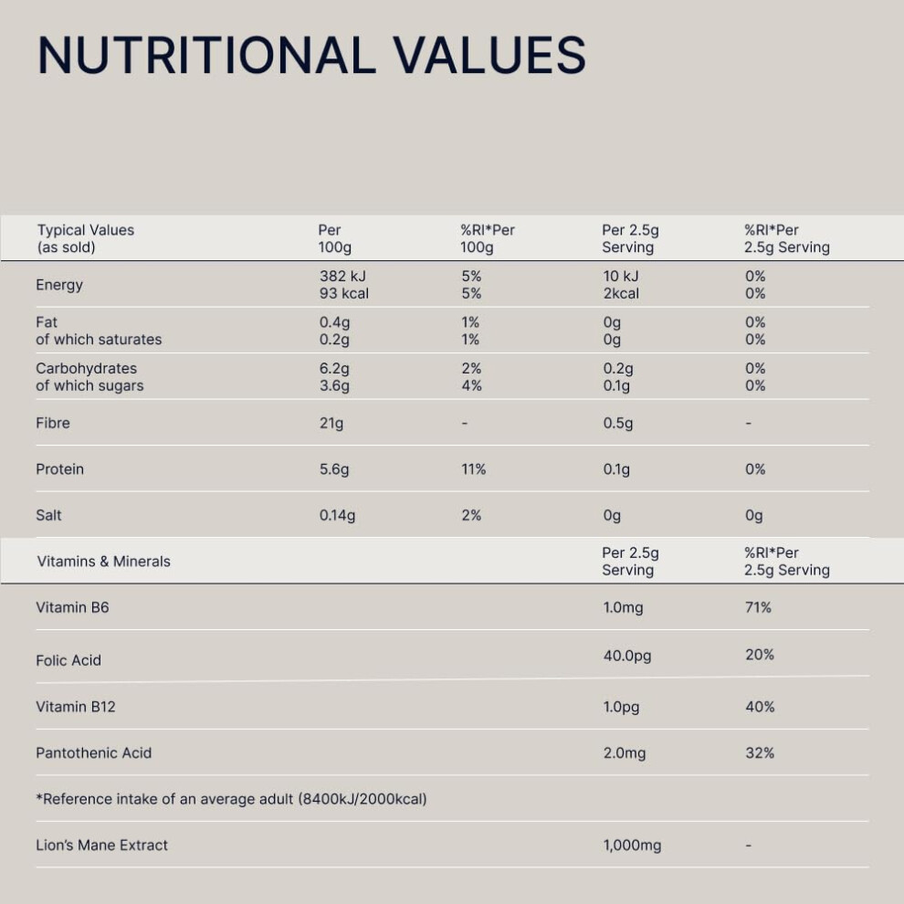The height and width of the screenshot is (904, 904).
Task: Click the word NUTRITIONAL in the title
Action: (207, 56)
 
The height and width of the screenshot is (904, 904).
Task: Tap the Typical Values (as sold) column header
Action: (85, 238)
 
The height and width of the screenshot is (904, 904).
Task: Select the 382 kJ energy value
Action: (342, 276)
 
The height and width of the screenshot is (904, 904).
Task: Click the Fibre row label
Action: (52, 423)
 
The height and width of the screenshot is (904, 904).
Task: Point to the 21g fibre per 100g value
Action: (331, 423)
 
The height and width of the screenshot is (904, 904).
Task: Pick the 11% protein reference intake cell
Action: (473, 469)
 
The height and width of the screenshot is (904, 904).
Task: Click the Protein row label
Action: (59, 469)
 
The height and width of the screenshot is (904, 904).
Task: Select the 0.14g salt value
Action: (337, 515)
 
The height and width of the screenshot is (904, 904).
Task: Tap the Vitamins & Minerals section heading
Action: (104, 562)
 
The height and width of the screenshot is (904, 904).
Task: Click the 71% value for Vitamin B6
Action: (758, 607)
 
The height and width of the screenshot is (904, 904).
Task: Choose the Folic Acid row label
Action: (68, 660)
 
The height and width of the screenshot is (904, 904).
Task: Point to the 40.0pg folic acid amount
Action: (627, 657)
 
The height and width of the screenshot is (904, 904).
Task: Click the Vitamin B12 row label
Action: (76, 707)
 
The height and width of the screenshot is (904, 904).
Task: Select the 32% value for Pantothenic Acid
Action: (760, 753)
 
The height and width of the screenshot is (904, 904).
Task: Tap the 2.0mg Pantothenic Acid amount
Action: (625, 753)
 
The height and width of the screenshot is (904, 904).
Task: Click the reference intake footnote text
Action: (231, 799)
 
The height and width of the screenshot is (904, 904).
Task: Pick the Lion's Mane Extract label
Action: (101, 846)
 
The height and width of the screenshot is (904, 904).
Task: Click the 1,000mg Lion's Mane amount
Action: (633, 846)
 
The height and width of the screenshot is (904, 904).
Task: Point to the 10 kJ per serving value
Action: (621, 276)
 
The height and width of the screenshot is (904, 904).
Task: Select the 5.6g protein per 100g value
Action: (334, 469)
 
